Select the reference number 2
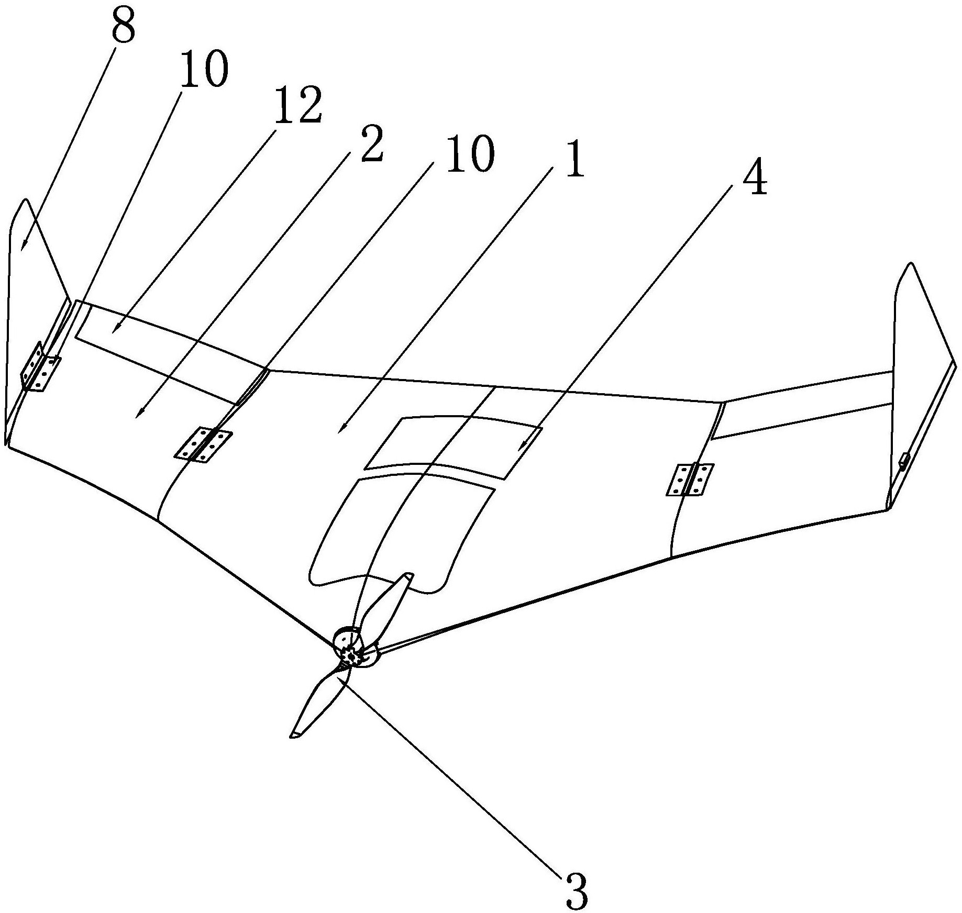(x=371, y=145)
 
